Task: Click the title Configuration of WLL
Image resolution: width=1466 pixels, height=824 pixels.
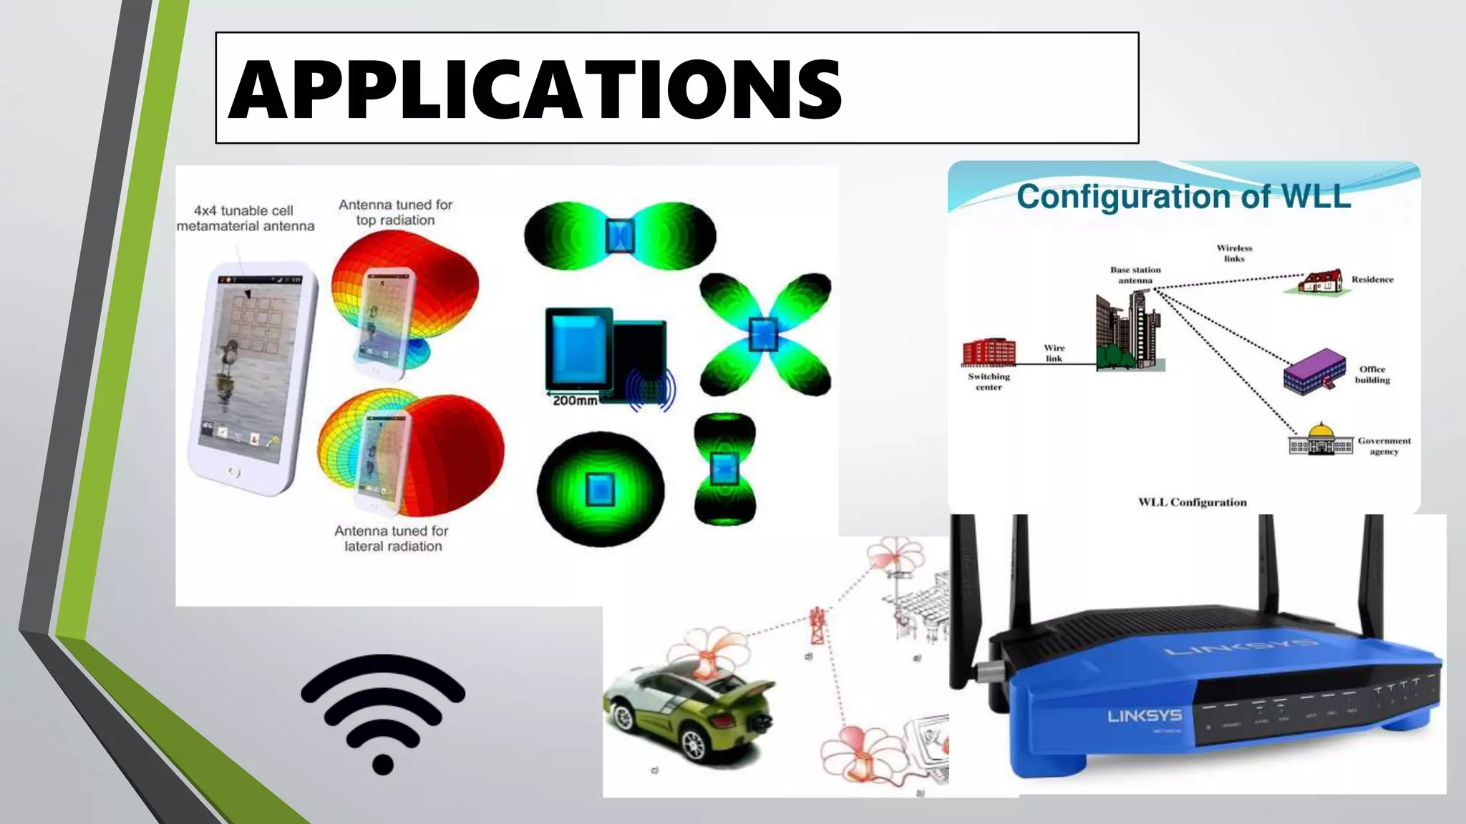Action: tap(1183, 196)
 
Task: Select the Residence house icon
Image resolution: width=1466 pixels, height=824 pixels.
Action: tap(1321, 281)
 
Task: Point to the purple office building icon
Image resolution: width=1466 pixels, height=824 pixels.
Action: tap(1314, 371)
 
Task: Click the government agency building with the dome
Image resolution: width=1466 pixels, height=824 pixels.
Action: tap(1321, 440)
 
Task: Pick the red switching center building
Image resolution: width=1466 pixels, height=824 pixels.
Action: tap(989, 352)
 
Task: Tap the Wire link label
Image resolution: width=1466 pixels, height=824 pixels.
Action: tap(1054, 353)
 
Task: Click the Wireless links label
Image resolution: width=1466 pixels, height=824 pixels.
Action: tap(1234, 253)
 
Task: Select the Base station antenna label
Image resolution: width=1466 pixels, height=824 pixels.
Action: tap(1135, 275)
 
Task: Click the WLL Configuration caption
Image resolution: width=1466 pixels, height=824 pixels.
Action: tap(1192, 502)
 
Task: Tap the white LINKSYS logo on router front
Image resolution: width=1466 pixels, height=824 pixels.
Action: tap(1145, 715)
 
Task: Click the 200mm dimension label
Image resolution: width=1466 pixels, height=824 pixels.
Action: tap(574, 401)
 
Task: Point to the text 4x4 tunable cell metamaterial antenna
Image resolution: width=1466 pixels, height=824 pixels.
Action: tap(245, 218)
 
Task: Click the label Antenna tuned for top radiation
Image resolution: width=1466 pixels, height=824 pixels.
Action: tap(395, 212)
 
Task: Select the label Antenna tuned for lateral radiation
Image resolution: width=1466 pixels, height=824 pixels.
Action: tap(392, 539)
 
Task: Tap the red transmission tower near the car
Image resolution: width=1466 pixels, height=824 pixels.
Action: tap(817, 627)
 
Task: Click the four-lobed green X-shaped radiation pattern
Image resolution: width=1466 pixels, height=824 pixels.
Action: tap(764, 334)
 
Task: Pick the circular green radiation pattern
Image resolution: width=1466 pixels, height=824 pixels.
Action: tap(600, 489)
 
